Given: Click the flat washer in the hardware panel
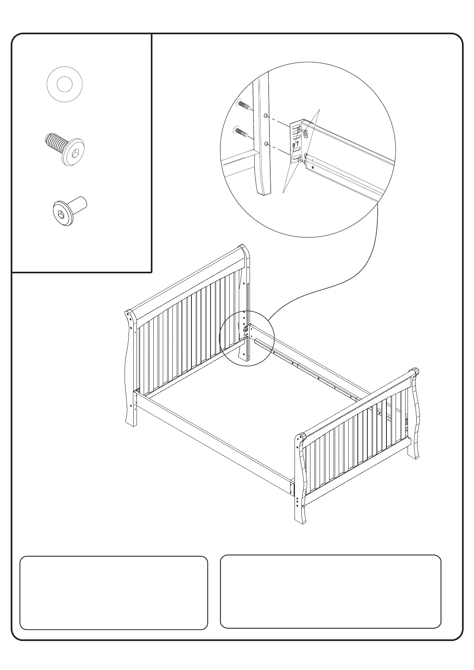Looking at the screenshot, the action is pyautogui.click(x=64, y=84).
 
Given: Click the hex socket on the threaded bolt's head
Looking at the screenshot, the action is pyautogui.click(x=75, y=153).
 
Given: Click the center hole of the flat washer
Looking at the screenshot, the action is pyautogui.click(x=64, y=84).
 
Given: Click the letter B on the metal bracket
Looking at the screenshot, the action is pyautogui.click(x=294, y=146).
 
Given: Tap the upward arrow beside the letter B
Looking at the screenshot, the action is pyautogui.click(x=297, y=143).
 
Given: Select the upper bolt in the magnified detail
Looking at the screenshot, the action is pyautogui.click(x=243, y=105).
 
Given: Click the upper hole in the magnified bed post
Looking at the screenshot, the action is pyautogui.click(x=265, y=116).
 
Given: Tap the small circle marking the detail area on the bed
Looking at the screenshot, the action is pyautogui.click(x=247, y=338).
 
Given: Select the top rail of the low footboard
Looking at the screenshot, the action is pyautogui.click(x=358, y=402).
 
